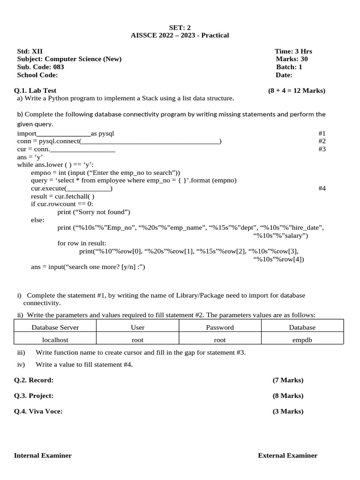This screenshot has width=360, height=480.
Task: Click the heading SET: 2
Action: tap(180, 28)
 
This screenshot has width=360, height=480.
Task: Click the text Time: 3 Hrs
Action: tap(293, 51)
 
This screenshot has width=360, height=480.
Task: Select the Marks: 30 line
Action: tap(292, 59)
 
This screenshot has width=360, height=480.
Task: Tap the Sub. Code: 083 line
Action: tap(40, 67)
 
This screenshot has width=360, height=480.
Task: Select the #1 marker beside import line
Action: tap(322, 134)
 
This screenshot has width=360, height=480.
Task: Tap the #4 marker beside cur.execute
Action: tap(322, 188)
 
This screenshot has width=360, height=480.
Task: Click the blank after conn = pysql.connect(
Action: tap(150, 142)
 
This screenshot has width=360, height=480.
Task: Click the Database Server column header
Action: tap(55, 327)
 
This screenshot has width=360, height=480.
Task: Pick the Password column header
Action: tap(219, 327)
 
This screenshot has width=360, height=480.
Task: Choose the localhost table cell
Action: tap(55, 340)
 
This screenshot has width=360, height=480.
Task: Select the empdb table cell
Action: tap(302, 340)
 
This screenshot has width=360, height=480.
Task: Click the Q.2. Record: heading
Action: tap(34, 380)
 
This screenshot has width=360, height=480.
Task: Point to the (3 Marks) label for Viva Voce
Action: tap(288, 412)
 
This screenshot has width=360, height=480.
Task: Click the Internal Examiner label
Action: tap(43, 456)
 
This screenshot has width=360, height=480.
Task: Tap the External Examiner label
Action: tap(287, 456)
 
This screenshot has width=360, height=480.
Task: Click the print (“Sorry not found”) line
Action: tap(94, 212)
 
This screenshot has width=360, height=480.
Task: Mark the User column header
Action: tap(137, 327)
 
